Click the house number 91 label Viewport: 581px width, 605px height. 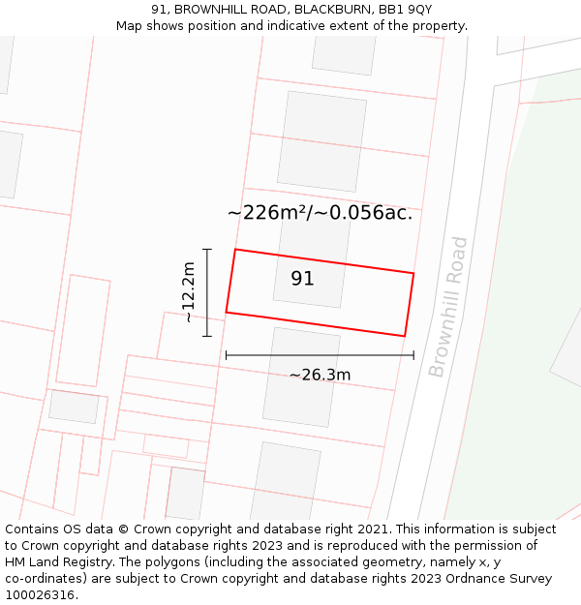click(302, 279)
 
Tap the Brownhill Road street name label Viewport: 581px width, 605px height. click(448, 307)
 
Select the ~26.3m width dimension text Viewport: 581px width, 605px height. click(320, 375)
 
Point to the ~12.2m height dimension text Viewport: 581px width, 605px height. click(189, 292)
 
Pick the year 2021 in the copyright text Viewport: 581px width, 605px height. click(369, 529)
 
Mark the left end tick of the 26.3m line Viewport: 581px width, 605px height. click(226, 355)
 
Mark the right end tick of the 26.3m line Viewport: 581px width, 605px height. click(413, 355)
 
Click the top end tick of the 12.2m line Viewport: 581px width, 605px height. click(206, 249)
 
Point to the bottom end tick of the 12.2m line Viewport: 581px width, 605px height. click(206, 336)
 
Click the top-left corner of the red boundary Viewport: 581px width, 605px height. click(235, 250)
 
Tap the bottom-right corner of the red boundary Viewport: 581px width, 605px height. click(404, 336)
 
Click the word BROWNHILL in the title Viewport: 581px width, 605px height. click(211, 10)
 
